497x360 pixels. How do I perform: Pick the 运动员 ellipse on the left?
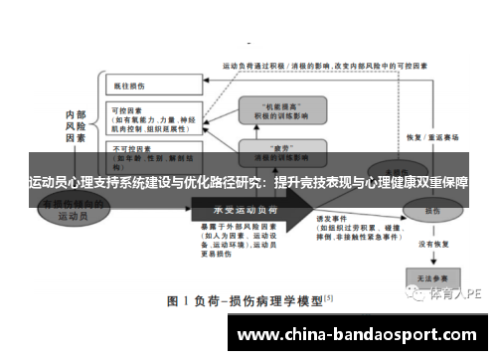pos(74,210)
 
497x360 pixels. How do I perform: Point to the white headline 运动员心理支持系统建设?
pos(248,184)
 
